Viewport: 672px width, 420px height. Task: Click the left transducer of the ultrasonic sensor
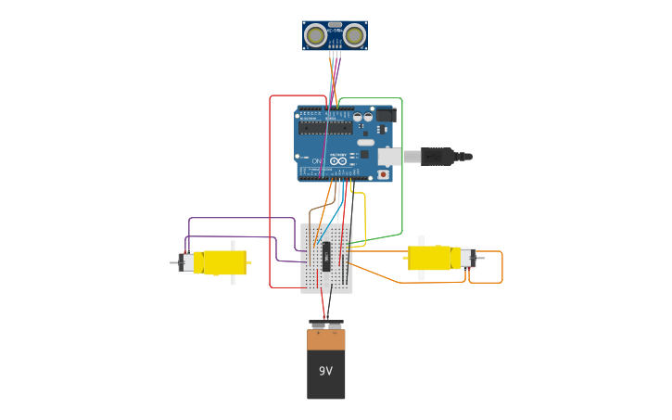(x=315, y=36)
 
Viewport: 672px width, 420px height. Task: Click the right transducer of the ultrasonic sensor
(x=354, y=36)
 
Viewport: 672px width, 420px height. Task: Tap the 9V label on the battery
(x=325, y=371)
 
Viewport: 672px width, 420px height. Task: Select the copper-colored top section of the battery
(x=326, y=340)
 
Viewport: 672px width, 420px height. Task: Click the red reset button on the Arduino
(x=383, y=173)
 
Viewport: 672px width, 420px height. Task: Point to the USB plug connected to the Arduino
(x=437, y=157)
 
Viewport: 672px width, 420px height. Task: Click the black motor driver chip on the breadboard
(x=326, y=256)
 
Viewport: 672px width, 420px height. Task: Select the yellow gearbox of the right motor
(x=430, y=258)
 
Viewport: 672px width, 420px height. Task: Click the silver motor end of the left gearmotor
(x=187, y=262)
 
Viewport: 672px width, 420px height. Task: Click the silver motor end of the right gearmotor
(x=468, y=258)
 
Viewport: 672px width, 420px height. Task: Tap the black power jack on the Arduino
(x=385, y=115)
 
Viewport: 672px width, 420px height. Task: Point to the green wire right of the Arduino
(x=401, y=167)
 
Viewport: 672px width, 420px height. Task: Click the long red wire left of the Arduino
(x=270, y=195)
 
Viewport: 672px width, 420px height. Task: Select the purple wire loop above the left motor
(x=241, y=219)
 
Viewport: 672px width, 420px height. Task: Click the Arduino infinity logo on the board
(x=338, y=161)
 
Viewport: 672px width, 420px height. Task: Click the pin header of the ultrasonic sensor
(x=335, y=53)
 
